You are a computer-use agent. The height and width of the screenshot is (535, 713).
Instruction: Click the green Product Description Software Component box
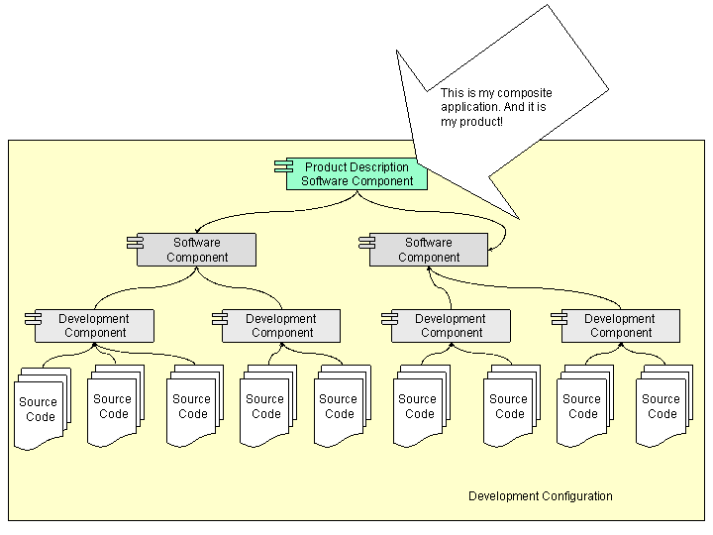point(356,174)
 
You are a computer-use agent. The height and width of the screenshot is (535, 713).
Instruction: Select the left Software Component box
point(196,250)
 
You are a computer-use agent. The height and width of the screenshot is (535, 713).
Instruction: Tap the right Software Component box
point(429,250)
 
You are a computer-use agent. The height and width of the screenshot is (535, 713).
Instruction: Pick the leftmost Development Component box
point(95,326)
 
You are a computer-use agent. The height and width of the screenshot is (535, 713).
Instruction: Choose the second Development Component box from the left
point(281,326)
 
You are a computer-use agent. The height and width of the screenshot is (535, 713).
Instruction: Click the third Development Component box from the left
point(452,326)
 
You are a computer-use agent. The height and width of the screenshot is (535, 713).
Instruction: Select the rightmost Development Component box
point(620,326)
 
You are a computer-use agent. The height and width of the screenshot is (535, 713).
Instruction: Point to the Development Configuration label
point(540,496)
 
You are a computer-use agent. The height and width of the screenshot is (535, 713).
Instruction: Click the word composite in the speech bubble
point(525,93)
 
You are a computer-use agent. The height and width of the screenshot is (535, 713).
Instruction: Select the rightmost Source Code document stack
point(662,406)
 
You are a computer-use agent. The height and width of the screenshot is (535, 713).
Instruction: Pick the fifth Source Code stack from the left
point(339,406)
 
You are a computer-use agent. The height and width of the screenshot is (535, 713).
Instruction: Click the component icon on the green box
point(283,167)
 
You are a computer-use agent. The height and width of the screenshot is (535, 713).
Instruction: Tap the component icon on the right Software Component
point(366,243)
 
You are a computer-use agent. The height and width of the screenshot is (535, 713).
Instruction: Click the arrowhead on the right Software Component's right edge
point(492,250)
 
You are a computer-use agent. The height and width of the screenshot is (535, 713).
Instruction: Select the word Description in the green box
point(377,167)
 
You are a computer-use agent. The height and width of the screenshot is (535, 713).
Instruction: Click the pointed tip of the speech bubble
point(517,217)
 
